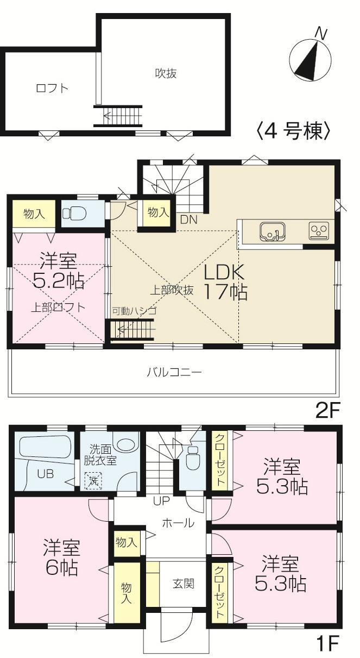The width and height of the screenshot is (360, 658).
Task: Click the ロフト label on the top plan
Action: tap(52, 88)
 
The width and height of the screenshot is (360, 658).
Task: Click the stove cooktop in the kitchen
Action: tap(318, 231)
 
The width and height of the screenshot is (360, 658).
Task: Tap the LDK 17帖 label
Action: tap(225, 281)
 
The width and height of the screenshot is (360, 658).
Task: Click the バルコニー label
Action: tap(174, 372)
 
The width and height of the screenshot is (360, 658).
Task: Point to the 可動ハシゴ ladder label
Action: tap(134, 311)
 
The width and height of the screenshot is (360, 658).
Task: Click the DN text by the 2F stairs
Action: tap(188, 220)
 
